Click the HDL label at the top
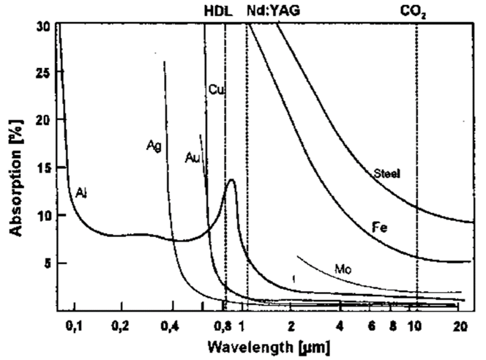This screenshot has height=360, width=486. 216,10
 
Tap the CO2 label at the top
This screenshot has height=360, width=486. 416,10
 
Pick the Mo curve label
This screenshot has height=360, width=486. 343,270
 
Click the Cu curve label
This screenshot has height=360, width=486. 214,90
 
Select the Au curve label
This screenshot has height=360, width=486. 192,157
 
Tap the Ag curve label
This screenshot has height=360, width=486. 153,146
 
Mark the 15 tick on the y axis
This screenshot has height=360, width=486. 44,167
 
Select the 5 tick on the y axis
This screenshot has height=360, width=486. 47,263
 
